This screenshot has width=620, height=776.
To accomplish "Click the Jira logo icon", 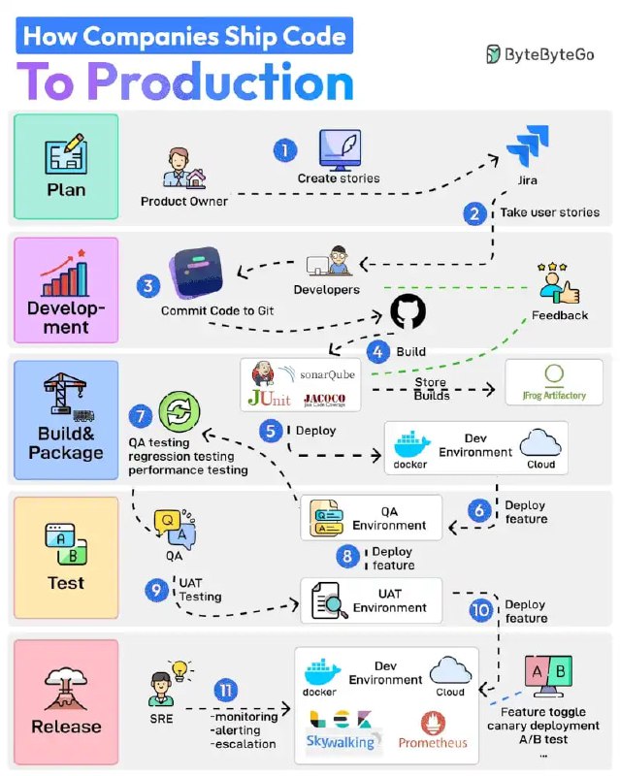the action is [x=528, y=145].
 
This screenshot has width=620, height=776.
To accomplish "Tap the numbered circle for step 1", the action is [x=285, y=150].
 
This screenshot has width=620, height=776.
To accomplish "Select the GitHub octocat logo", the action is [x=408, y=311].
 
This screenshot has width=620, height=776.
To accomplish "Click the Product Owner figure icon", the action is [x=184, y=168].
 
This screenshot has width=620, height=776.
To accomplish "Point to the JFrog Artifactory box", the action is [x=554, y=382].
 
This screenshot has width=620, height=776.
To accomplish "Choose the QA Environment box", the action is [x=372, y=518].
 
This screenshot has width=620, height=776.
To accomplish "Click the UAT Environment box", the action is [x=372, y=600].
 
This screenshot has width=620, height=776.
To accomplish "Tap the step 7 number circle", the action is [x=141, y=416].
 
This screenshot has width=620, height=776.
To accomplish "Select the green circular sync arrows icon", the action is [x=179, y=411].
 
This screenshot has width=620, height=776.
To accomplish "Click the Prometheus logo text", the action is [x=433, y=743].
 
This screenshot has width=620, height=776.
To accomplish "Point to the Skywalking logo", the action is [x=341, y=742].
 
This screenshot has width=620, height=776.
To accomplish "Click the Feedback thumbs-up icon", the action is [x=559, y=283].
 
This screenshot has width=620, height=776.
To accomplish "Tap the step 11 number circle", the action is [x=226, y=690].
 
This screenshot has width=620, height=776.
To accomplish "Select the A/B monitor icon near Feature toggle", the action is [x=549, y=675].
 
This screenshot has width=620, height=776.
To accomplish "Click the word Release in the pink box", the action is [x=66, y=727].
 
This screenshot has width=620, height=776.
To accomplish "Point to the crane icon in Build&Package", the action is [x=67, y=394].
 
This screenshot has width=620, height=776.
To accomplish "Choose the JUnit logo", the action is [x=270, y=398].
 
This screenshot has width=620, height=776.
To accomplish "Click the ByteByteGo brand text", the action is [x=549, y=54].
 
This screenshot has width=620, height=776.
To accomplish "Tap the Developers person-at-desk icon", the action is [x=329, y=261].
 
